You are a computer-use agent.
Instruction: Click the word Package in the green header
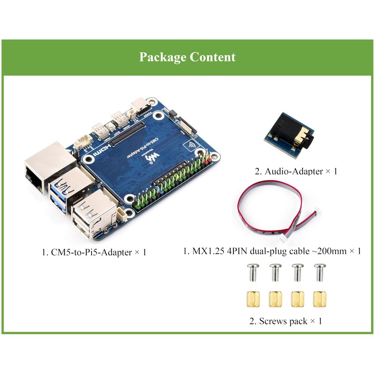[163, 57]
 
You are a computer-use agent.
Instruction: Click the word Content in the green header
[213, 57]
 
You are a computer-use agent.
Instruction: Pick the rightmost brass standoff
[320, 298]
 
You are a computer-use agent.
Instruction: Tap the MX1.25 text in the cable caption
[208, 251]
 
